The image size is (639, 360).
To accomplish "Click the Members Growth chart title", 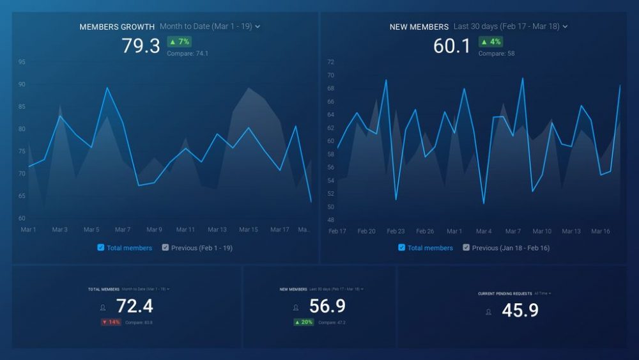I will point(117,27).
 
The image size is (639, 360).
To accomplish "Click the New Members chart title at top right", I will point(419,27).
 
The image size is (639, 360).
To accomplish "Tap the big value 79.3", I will point(141,46).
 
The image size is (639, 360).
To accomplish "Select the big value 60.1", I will point(452,46).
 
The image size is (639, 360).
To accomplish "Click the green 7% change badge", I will point(180,42).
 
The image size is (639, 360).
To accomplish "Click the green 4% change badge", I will point(491,42).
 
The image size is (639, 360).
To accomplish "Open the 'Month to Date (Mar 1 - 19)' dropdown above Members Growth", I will point(210,26).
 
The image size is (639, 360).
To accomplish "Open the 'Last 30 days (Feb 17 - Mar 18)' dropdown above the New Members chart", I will point(510,26).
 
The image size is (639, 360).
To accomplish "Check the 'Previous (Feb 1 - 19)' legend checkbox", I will point(166,247).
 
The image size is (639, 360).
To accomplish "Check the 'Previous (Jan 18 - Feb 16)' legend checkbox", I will point(466,247).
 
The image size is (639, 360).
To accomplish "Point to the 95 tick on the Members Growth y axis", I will point(22,62).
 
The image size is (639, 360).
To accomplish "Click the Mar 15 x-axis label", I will point(248,230).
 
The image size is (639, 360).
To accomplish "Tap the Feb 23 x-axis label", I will point(396,231).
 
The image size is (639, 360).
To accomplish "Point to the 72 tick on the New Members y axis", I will point(330,62).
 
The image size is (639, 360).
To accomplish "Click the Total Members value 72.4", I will point(134,306).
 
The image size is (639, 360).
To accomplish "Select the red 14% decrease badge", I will point(111,322).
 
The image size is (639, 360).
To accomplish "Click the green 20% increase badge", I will point(304,322).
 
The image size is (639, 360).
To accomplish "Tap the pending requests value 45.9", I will point(520,311).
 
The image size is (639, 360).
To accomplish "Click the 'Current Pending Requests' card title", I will point(505,293).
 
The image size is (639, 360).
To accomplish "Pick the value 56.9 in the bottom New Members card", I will point(327,306).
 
